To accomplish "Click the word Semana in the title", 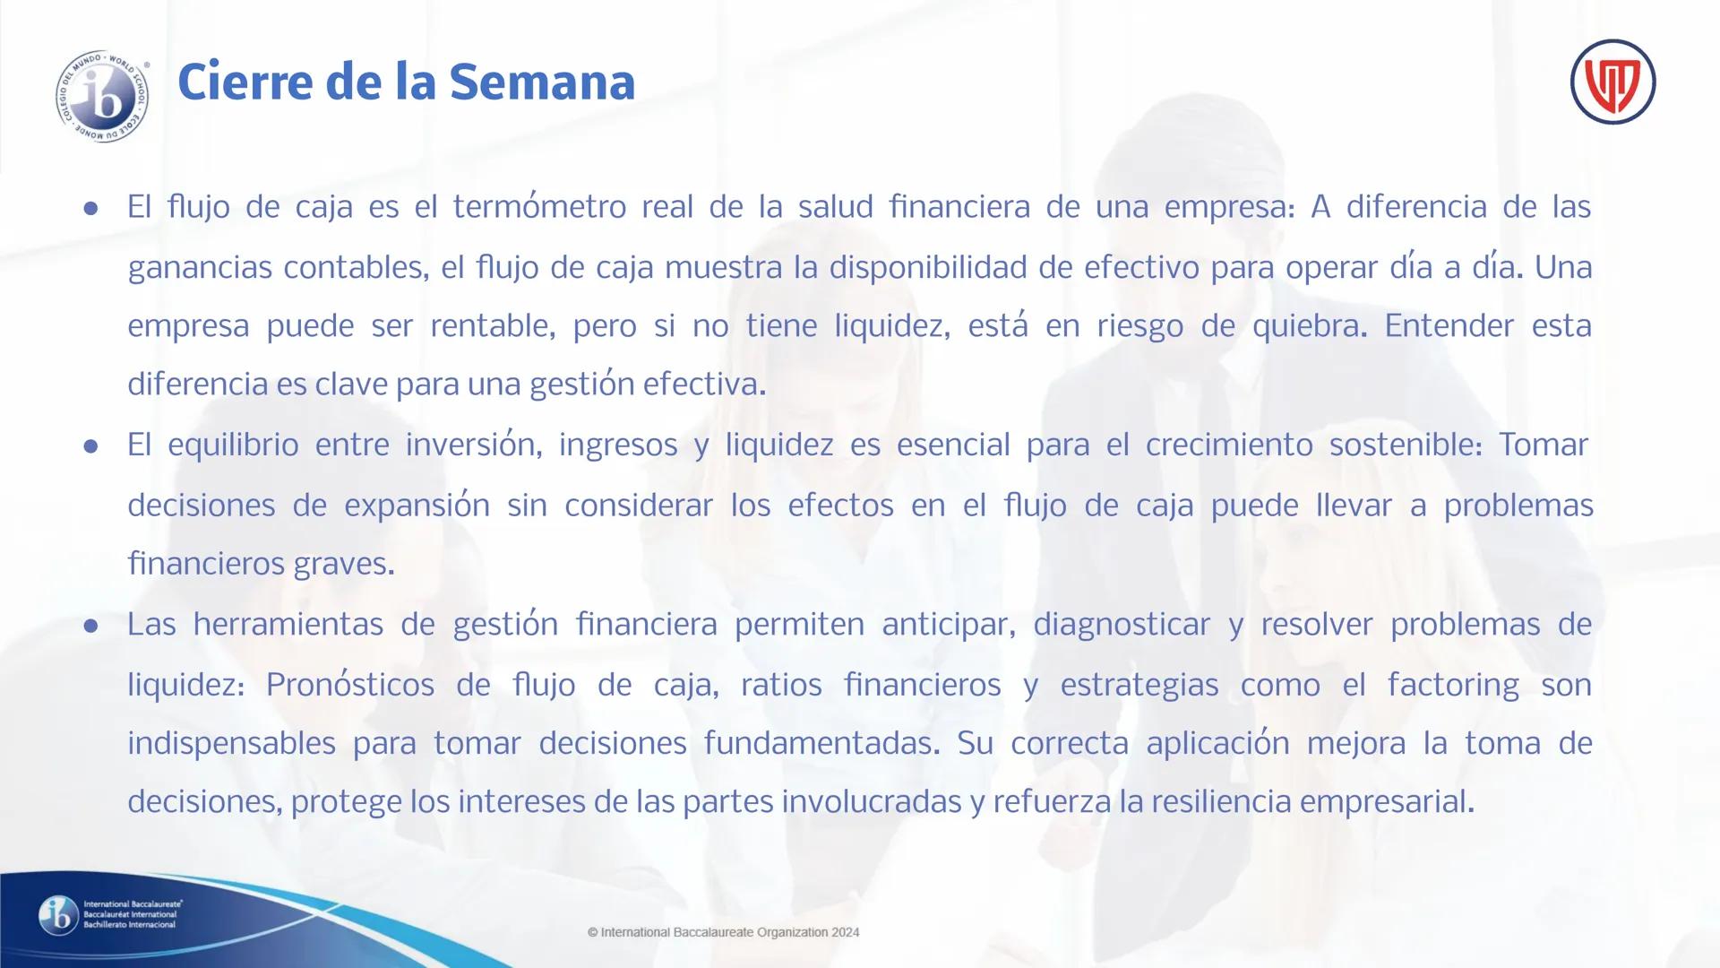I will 542,82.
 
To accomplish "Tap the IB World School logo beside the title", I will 103,98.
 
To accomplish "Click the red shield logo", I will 1612,82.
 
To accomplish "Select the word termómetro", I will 539,207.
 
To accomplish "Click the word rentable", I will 493,325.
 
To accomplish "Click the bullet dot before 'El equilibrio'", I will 90,446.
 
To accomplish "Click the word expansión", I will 417,506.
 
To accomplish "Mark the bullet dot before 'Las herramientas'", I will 90,626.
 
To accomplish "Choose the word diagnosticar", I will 1122,624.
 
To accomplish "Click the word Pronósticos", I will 349,685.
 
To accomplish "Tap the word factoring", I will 1453,685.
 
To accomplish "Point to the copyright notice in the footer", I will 724,932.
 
